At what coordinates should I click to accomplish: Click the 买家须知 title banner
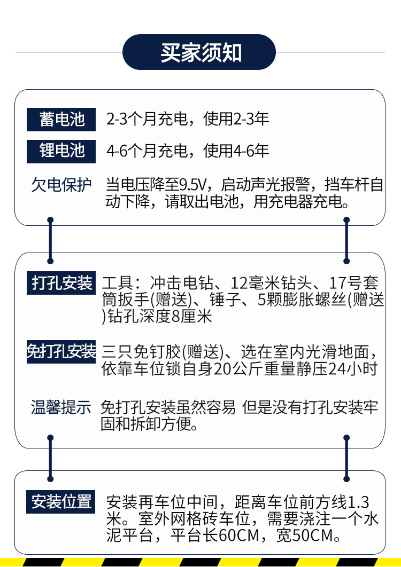pyautogui.click(x=200, y=53)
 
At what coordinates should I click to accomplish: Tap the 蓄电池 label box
pyautogui.click(x=61, y=119)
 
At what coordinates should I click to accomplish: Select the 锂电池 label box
pyautogui.click(x=61, y=151)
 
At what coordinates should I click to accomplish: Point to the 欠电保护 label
pyautogui.click(x=61, y=185)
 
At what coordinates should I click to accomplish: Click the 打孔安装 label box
pyautogui.click(x=61, y=282)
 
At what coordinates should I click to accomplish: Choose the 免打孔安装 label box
pyautogui.click(x=61, y=351)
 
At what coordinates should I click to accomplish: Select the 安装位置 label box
pyautogui.click(x=61, y=501)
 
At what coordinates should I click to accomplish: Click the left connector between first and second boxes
pyautogui.click(x=50, y=240)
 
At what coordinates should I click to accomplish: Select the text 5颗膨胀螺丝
pyautogui.click(x=302, y=300)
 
